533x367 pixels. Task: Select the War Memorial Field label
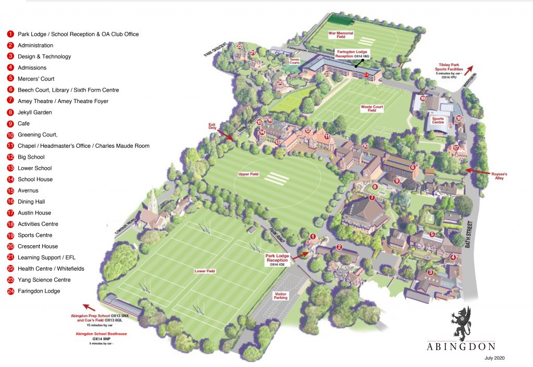(340, 35)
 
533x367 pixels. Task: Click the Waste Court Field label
(372, 109)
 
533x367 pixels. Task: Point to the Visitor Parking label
(281, 296)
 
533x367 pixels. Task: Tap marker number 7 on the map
(372, 198)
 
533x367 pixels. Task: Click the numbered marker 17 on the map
(456, 148)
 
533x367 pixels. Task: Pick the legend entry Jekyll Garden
(34, 112)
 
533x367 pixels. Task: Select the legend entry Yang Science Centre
(44, 280)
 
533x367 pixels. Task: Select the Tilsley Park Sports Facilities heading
(451, 68)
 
